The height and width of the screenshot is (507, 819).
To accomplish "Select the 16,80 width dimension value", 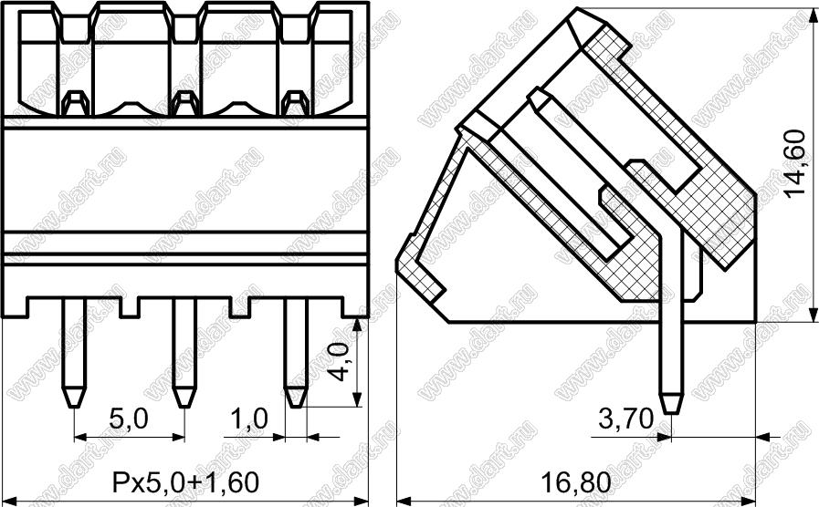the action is pos(575,482).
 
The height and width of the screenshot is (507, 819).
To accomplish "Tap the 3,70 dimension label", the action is pos(625,419).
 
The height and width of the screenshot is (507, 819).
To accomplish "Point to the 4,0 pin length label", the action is pos(341,362).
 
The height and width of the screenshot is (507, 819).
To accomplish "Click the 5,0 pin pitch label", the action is pos(129,419).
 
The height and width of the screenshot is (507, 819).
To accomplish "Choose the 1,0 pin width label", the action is pos(248,419).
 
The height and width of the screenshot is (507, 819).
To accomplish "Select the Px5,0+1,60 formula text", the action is pos(185,482).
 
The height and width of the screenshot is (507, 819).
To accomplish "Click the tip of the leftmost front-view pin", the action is pos(74,407).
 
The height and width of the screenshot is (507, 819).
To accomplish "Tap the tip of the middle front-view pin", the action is pos(184,407).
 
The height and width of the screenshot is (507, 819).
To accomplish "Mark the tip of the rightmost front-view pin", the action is pos(296,407).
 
